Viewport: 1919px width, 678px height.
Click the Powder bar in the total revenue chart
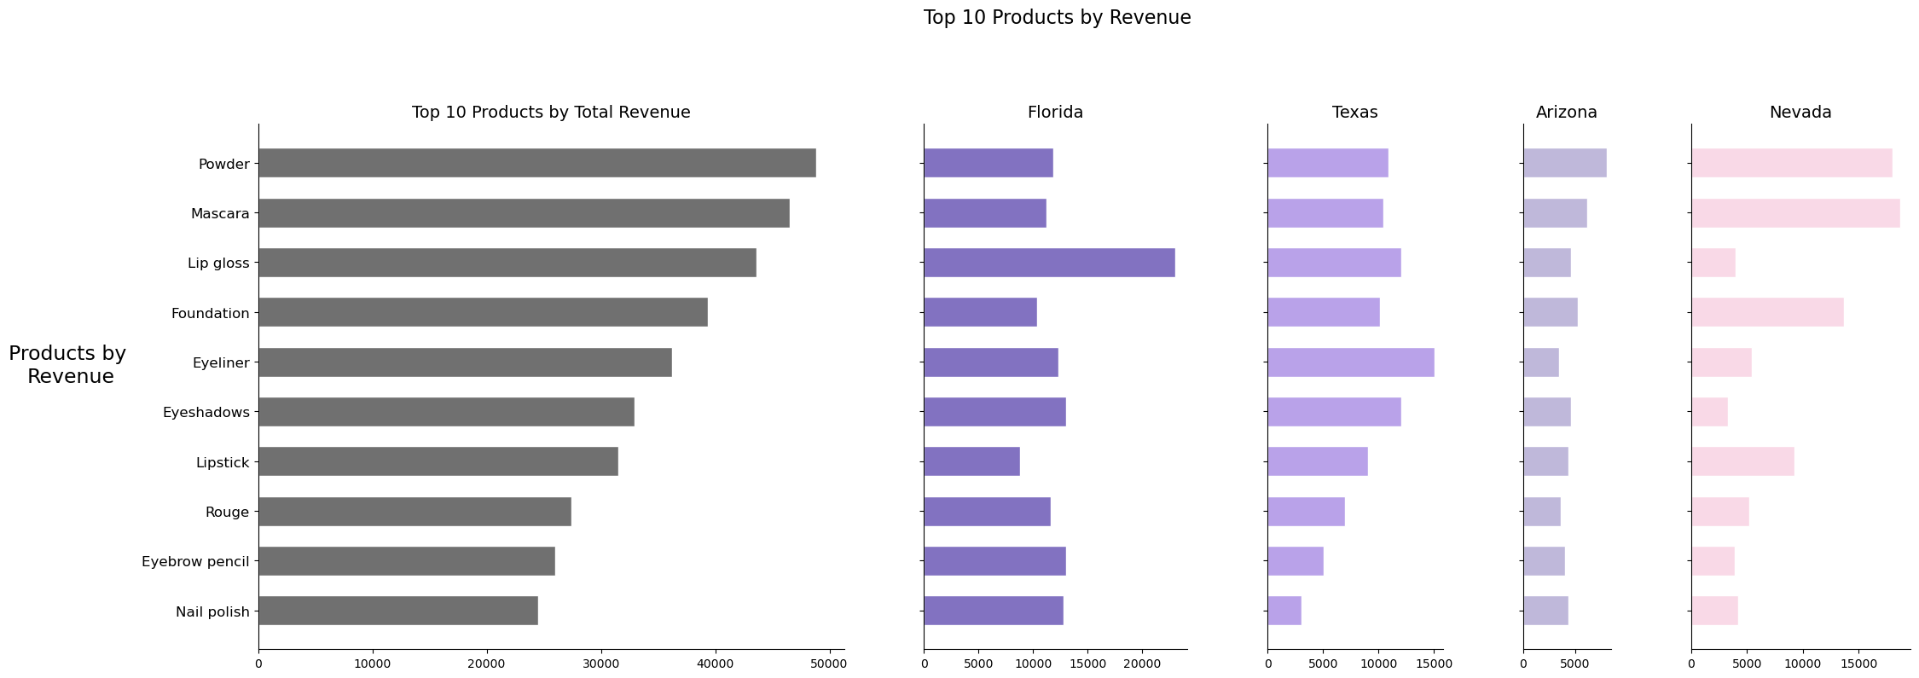coord(537,163)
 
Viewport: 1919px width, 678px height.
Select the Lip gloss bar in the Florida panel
coord(1049,263)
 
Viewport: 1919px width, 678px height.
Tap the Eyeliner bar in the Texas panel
coord(1351,362)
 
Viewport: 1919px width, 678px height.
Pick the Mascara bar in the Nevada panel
coord(1795,213)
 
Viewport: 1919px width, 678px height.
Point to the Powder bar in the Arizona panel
coord(1565,163)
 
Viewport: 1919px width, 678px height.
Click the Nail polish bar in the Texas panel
coord(1284,611)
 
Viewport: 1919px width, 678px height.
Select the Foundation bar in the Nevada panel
coord(1767,312)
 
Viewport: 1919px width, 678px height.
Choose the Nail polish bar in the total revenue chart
coord(398,611)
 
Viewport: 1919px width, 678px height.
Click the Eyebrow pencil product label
coord(195,562)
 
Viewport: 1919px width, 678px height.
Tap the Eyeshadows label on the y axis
coord(206,413)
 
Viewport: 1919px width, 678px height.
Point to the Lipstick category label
coord(223,462)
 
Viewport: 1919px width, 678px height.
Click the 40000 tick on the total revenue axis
coord(715,663)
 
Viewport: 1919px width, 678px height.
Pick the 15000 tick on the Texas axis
coord(1434,663)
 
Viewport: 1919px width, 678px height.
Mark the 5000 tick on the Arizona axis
coord(1574,663)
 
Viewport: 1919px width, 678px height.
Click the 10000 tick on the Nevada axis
coord(1803,663)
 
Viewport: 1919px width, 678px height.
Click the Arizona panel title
coord(1567,113)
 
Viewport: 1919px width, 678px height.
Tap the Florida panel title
coord(1055,113)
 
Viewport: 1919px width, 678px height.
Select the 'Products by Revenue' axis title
coord(68,365)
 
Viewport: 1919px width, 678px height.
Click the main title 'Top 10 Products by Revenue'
coord(1057,18)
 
